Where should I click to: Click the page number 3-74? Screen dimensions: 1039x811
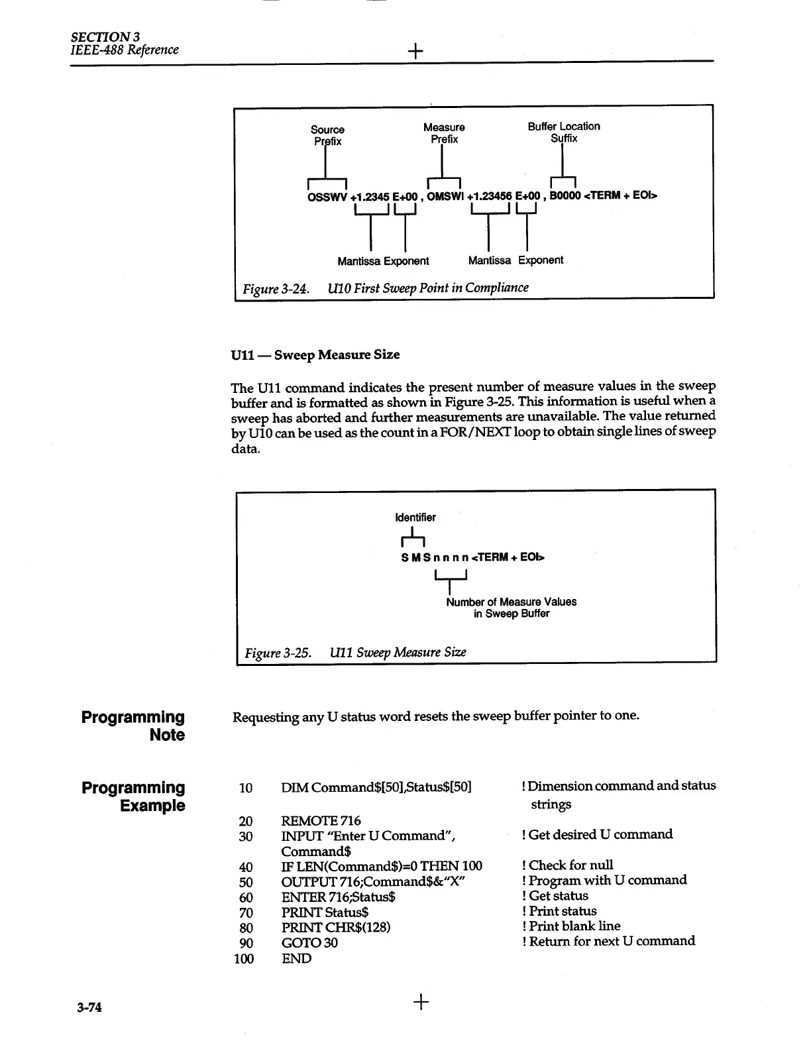[89, 1008]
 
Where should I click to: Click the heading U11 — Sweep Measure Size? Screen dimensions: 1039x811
[315, 355]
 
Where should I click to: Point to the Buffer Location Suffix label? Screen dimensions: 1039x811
[564, 132]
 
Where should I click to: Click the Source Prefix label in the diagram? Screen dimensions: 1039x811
[327, 135]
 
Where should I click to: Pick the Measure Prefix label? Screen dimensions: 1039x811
[444, 133]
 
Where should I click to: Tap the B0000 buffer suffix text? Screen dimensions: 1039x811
[565, 195]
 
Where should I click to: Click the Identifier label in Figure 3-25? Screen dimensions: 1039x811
[415, 518]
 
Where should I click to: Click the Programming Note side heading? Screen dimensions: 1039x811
[133, 726]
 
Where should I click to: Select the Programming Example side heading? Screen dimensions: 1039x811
[133, 796]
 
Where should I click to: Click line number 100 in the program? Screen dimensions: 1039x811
[244, 959]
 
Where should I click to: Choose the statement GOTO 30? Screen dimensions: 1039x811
[309, 942]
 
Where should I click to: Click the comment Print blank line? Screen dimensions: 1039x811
[574, 926]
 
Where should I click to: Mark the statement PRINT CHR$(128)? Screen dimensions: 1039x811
[335, 927]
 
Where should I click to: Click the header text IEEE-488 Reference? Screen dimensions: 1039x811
[125, 50]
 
